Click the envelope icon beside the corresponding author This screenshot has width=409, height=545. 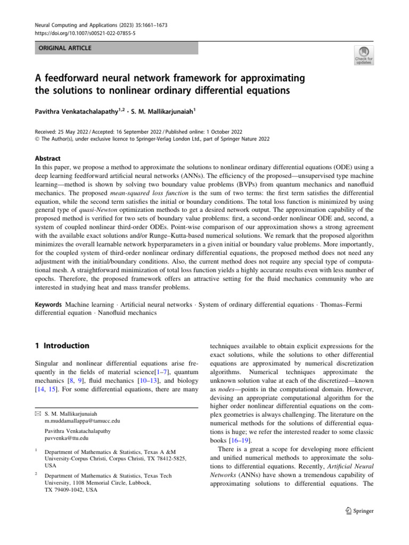click(x=38, y=413)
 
